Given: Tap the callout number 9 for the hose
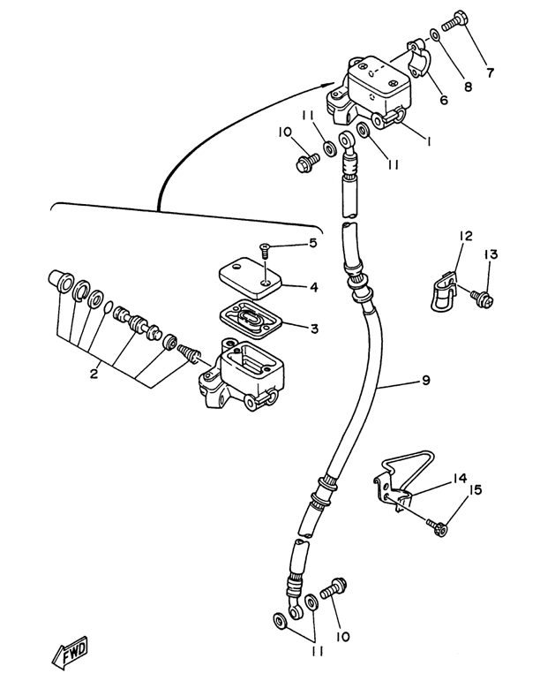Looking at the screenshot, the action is coord(426,380).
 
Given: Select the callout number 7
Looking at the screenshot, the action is coord(490,72).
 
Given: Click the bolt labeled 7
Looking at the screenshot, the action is coord(456,19).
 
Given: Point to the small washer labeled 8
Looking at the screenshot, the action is coord(435,34).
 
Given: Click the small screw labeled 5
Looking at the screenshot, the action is coord(264,250).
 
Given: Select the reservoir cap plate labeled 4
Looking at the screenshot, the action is coord(251,277).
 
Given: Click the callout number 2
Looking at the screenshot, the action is coord(94,374).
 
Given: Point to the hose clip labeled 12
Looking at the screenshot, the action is coord(443,291).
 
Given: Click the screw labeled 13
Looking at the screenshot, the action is coord(482,299).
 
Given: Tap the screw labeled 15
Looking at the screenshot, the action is coord(437,527).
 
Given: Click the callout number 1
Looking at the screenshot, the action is coord(429,141).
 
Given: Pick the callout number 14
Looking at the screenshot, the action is coord(460,479).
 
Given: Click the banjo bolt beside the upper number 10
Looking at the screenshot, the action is coord(308,163).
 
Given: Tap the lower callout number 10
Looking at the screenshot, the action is coord(342,637).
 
